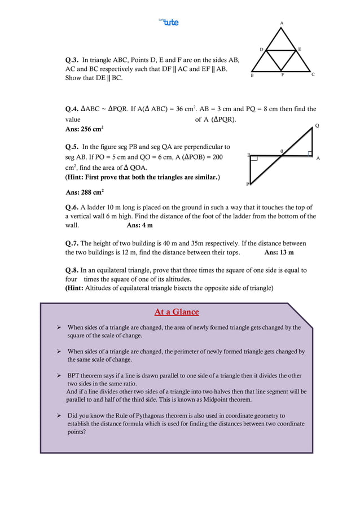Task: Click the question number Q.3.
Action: [x=72, y=59]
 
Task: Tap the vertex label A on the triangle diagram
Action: [x=282, y=23]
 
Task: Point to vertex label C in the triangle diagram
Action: [x=313, y=74]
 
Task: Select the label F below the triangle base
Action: [x=282, y=75]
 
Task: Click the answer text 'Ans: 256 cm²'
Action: [x=84, y=129]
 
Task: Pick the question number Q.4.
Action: [x=72, y=109]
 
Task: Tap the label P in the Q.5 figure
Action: [x=247, y=184]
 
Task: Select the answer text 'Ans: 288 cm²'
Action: [x=85, y=192]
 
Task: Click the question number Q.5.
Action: [x=72, y=147]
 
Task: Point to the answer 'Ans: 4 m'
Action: [x=139, y=225]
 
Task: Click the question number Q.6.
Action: [x=72, y=207]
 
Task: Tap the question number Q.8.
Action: [x=72, y=270]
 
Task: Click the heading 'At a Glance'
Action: [x=177, y=312]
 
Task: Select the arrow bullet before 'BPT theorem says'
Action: [x=59, y=375]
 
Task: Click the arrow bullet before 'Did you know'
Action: [x=59, y=415]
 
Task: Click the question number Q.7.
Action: [x=72, y=243]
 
